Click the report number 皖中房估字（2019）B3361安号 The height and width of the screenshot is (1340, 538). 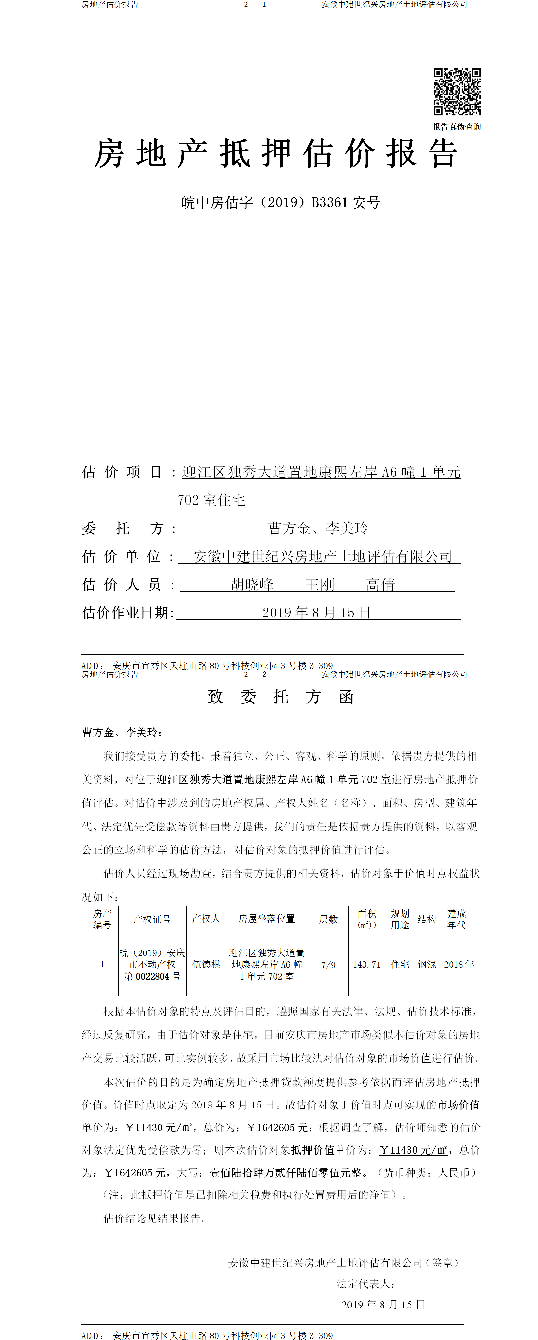click(x=280, y=202)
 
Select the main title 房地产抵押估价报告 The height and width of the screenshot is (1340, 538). click(x=276, y=154)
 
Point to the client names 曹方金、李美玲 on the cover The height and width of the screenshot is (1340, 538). click(x=318, y=529)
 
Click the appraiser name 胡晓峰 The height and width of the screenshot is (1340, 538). click(x=252, y=585)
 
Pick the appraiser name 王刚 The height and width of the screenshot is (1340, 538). click(x=319, y=585)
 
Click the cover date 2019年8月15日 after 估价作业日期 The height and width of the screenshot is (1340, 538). click(x=316, y=613)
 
